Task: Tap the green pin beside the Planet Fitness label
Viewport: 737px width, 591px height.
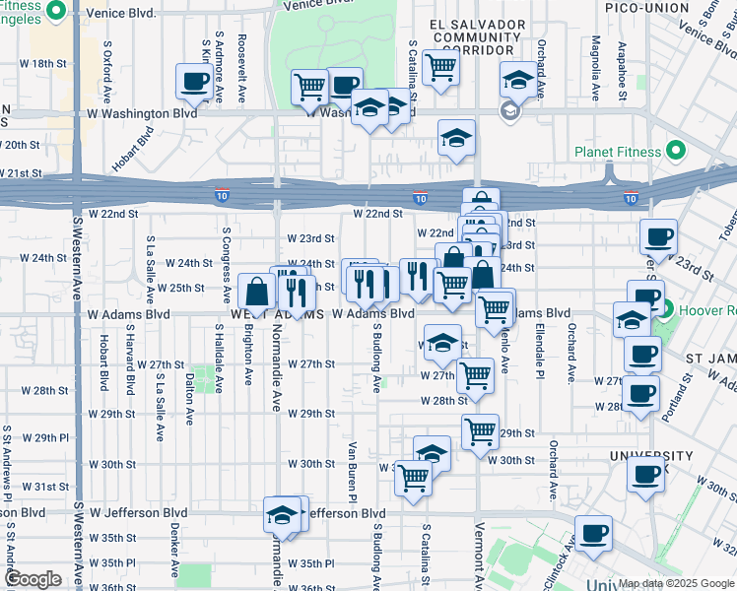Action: [x=675, y=152]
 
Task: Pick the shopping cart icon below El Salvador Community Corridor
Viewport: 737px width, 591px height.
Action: [x=440, y=68]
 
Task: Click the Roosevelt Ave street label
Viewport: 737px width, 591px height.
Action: [x=242, y=70]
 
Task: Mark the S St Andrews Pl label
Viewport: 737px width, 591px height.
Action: [x=8, y=462]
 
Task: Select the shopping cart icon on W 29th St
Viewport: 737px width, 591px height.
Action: [x=480, y=431]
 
